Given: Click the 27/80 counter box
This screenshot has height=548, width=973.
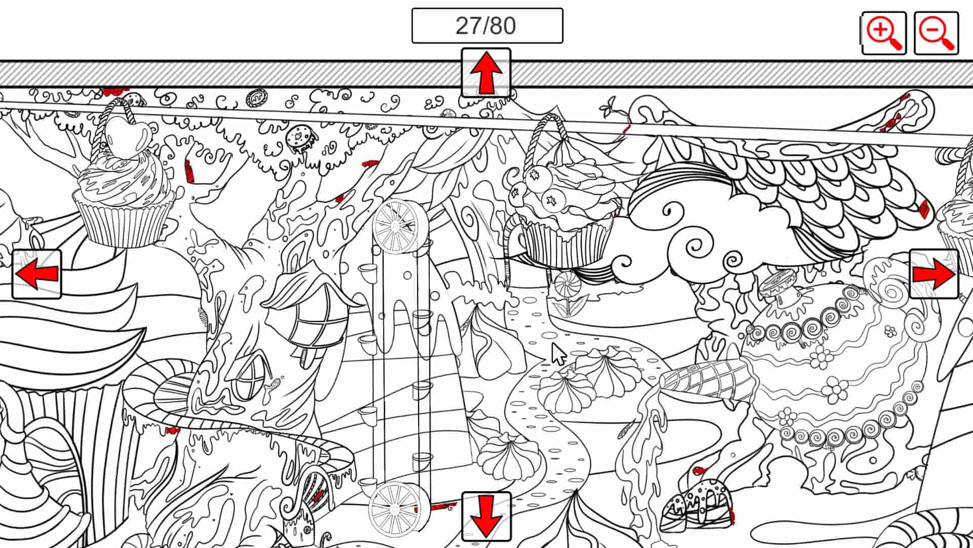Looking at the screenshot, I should point(487,26).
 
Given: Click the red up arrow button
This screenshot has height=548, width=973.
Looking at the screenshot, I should point(486,73).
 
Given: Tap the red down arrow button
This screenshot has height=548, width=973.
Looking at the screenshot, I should point(486,516).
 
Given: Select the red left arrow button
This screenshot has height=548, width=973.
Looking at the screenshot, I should point(36,274).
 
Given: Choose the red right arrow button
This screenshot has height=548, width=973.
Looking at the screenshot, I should point(934,274).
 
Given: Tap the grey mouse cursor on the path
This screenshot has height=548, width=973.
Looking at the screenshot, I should point(558,354).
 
